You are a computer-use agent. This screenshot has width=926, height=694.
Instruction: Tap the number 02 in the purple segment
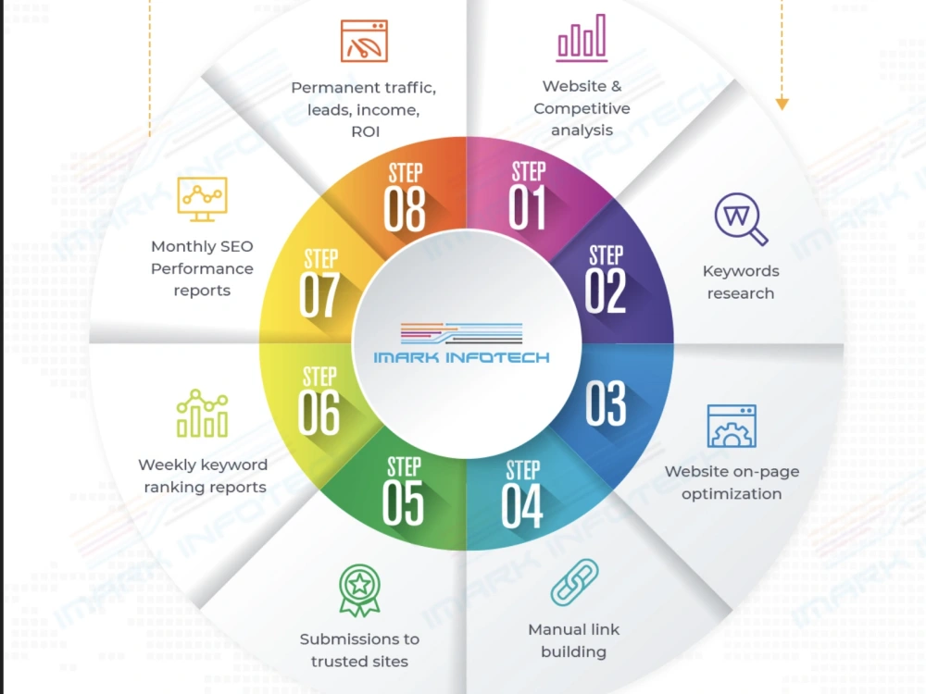pos(606,291)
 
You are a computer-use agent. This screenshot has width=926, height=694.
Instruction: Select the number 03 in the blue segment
pos(606,403)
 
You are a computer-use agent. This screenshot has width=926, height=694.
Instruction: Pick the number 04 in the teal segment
pos(522,506)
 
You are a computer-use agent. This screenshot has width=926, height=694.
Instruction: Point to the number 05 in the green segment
pos(403,502)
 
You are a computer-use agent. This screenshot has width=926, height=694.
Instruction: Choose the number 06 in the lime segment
pos(319,412)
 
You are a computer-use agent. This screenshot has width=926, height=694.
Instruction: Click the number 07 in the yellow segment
pos(319,294)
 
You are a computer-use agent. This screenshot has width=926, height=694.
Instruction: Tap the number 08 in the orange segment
pos(405,208)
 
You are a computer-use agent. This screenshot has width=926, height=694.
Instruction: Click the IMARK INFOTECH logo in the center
pos(461,342)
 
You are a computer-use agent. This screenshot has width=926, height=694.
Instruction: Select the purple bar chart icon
pos(582,38)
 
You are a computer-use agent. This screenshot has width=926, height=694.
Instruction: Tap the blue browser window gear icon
pos(732,426)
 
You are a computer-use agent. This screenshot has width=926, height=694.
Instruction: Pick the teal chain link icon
pos(574,582)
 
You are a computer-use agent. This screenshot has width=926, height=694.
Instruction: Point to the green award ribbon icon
pos(359,590)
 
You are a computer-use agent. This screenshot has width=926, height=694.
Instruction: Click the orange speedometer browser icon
pos(364,41)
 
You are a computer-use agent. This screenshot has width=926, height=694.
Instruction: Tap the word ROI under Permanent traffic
pos(366,131)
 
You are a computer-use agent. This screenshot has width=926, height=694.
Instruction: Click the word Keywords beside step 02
pos(741,271)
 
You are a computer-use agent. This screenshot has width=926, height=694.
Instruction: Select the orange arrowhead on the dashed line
pos(782,104)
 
